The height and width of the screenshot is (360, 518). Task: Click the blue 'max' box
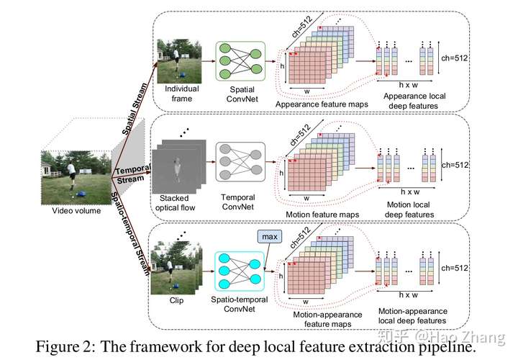(270, 237)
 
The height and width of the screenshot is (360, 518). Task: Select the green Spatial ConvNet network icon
(240, 61)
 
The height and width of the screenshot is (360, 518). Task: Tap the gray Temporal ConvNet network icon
(240, 162)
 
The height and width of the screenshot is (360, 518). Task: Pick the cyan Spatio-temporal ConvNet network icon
(240, 271)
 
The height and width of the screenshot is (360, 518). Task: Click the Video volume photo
(76, 178)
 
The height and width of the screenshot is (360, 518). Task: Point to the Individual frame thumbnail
(179, 61)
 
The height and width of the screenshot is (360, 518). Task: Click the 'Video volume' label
(76, 210)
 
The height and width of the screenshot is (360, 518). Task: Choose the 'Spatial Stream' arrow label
(135, 109)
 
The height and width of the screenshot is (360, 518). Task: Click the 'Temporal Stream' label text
(132, 174)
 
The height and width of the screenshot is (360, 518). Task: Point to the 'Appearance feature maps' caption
(322, 104)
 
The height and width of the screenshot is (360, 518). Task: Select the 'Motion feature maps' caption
(322, 215)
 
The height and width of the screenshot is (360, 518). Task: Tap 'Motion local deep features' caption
(409, 210)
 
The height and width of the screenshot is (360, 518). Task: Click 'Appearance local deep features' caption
(414, 101)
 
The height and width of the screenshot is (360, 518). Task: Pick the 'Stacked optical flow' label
(175, 202)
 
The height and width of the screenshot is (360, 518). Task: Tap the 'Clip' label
(176, 300)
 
